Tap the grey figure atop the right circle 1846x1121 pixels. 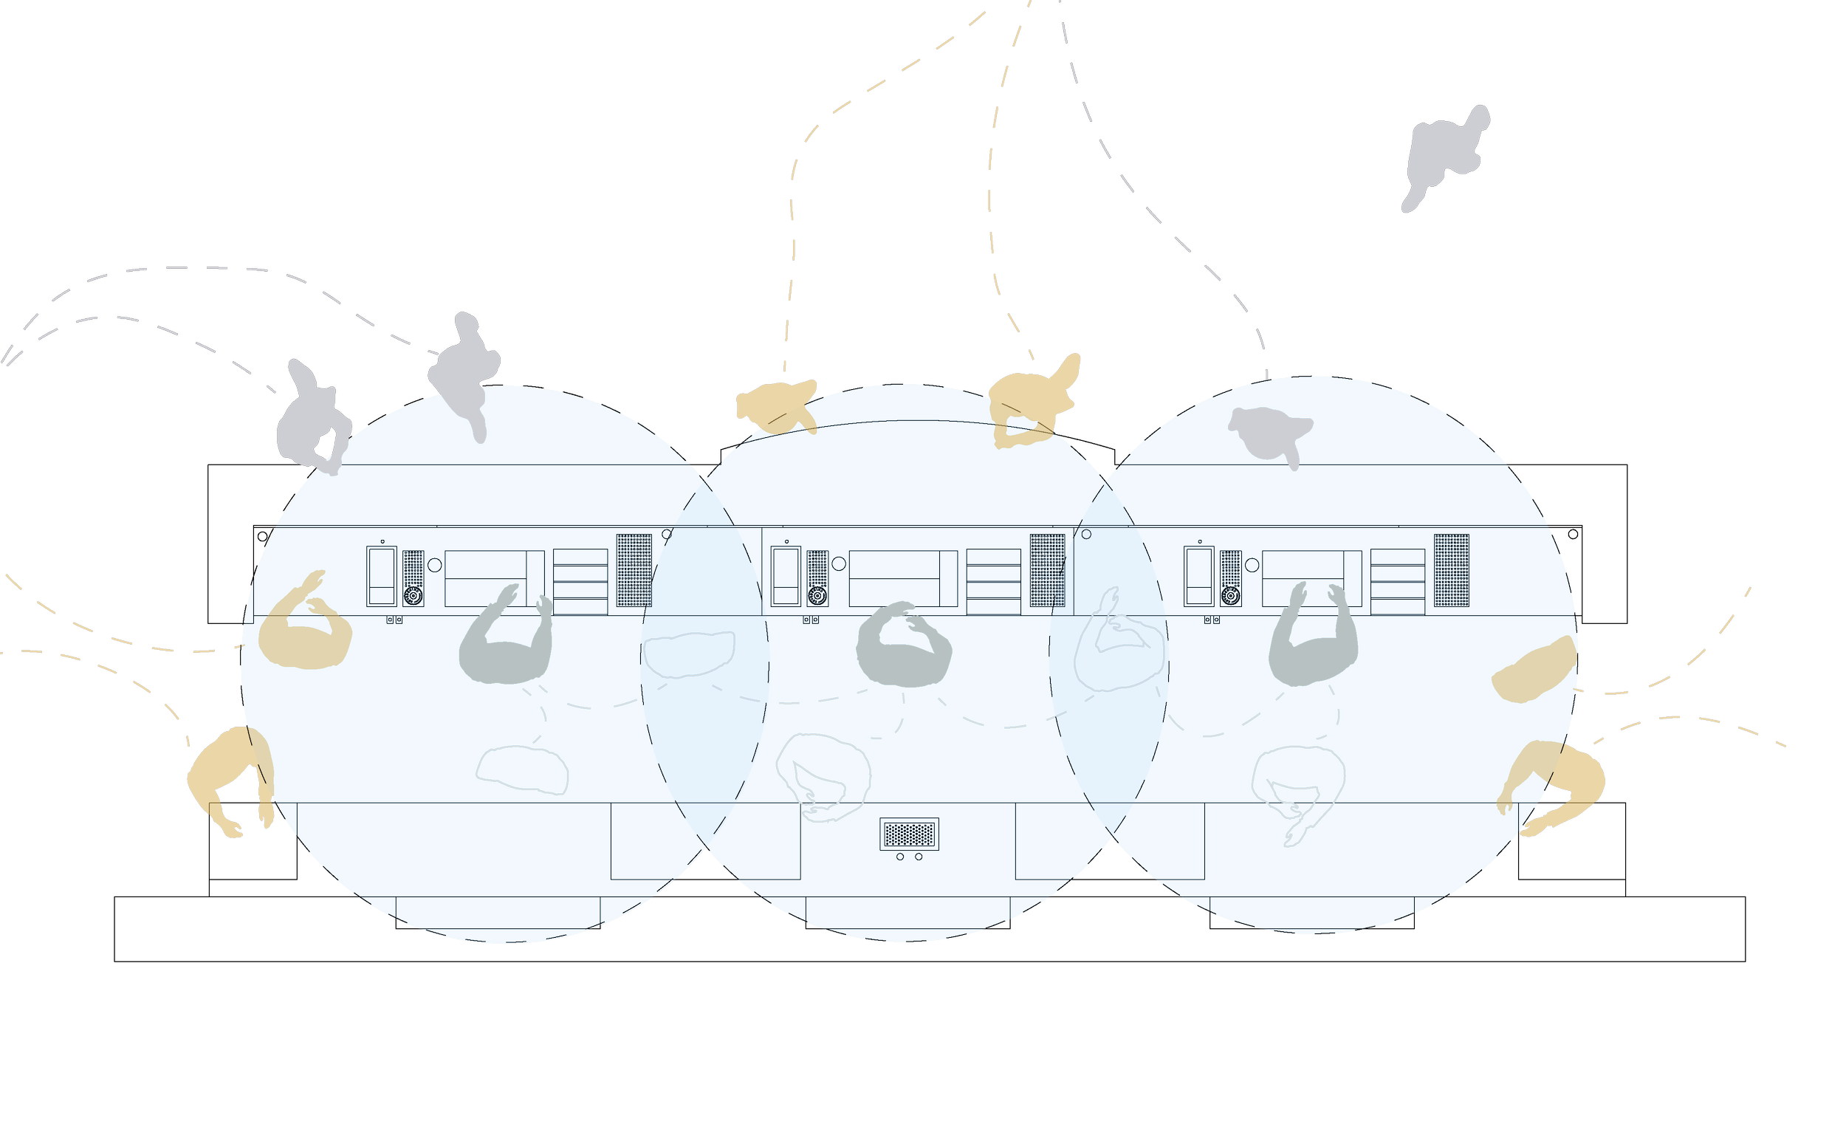tap(1269, 433)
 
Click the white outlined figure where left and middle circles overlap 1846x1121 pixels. tap(688, 654)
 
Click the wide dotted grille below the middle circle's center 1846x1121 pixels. tap(909, 833)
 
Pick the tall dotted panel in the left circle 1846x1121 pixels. tap(634, 570)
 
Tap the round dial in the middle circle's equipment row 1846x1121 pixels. tap(817, 596)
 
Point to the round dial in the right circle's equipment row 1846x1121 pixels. tap(1230, 596)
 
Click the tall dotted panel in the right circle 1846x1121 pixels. tap(1451, 570)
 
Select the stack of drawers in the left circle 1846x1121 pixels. tap(580, 581)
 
